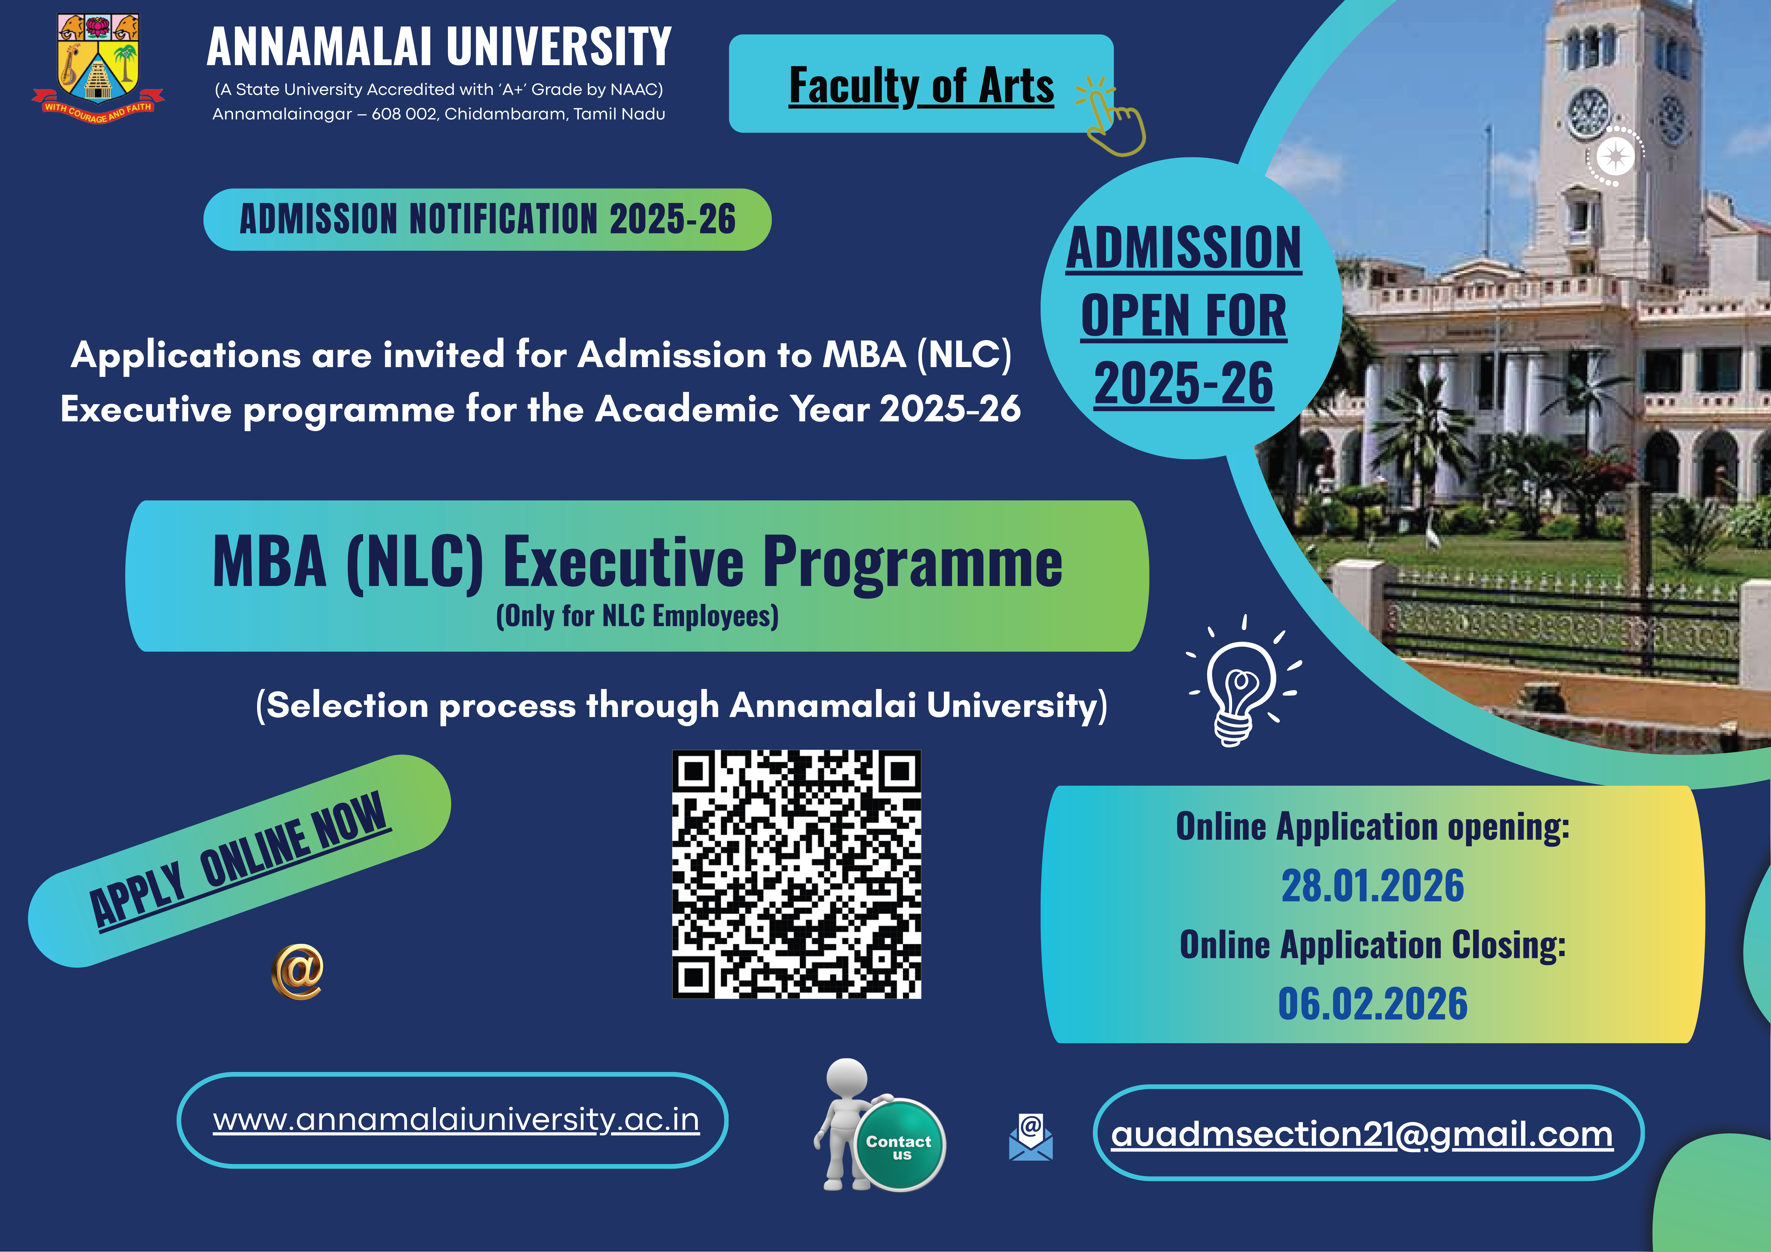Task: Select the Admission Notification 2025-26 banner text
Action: [487, 219]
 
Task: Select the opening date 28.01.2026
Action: [1372, 886]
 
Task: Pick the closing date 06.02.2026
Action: [1372, 1004]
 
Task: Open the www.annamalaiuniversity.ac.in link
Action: [456, 1119]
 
